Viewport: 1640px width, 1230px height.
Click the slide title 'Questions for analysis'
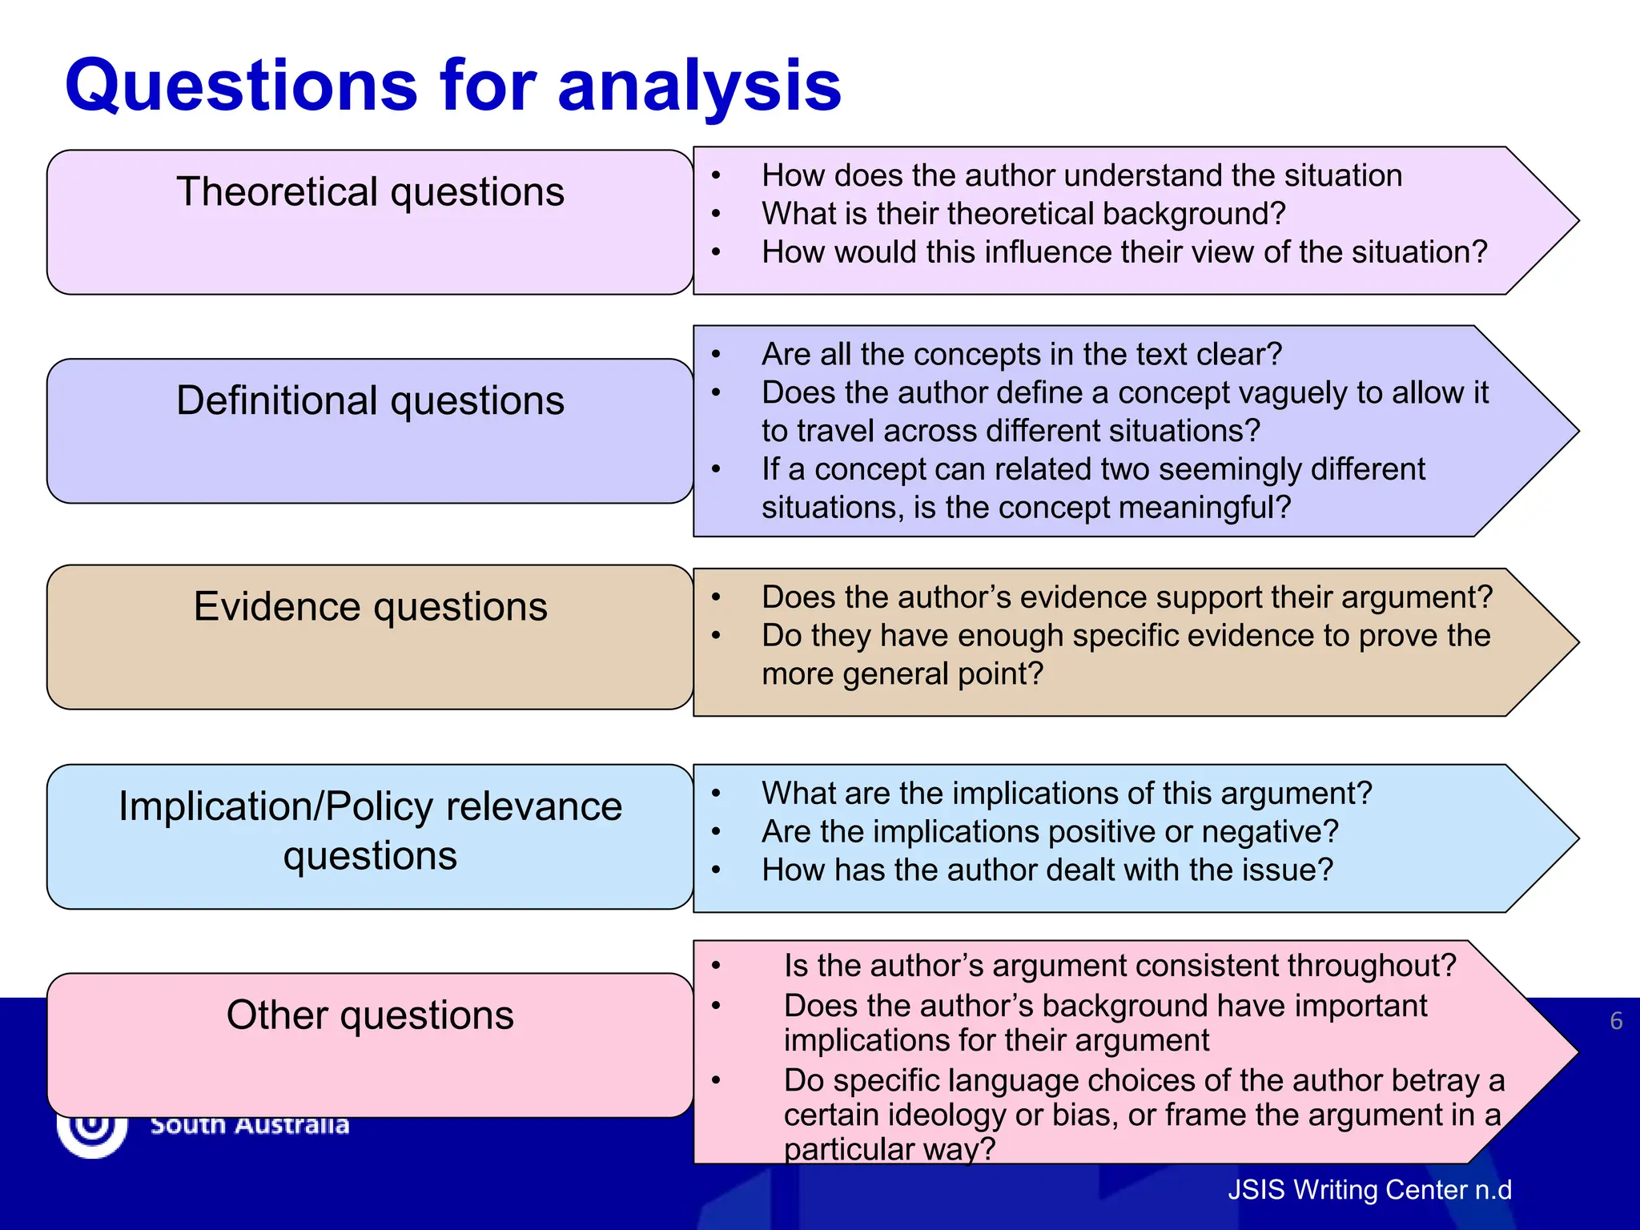click(x=453, y=86)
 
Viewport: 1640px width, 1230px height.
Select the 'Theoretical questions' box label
click(x=370, y=192)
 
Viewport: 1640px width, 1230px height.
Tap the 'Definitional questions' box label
click(x=370, y=400)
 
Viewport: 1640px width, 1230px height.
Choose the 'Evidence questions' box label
click(x=370, y=607)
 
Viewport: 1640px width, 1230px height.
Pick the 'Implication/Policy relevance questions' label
click(x=370, y=830)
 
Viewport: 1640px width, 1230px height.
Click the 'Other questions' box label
click(x=370, y=1015)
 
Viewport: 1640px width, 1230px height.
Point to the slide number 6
click(x=1616, y=1021)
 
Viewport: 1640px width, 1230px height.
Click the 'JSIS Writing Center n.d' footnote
click(x=1369, y=1190)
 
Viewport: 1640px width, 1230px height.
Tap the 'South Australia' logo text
click(x=250, y=1126)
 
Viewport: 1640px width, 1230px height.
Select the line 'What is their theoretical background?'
click(x=1023, y=214)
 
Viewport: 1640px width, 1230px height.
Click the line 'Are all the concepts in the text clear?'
click(x=1022, y=354)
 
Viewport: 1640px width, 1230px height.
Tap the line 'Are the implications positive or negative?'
click(x=1050, y=832)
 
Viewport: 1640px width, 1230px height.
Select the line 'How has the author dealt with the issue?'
click(x=1047, y=870)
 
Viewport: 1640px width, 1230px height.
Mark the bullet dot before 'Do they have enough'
click(x=716, y=637)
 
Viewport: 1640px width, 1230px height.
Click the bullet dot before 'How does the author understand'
click(x=716, y=176)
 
